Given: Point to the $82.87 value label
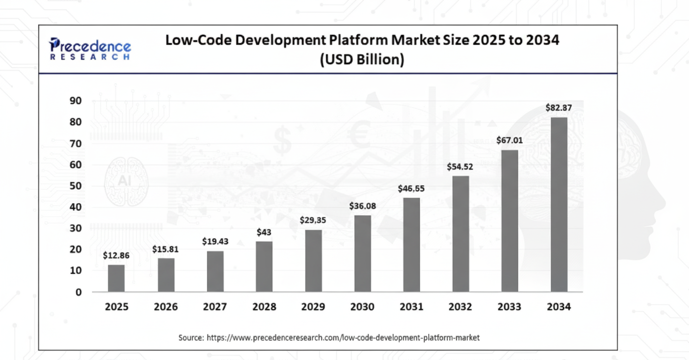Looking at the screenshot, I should (x=559, y=108).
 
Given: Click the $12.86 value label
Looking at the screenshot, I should (x=116, y=255).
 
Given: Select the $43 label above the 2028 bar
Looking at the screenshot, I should (x=264, y=232).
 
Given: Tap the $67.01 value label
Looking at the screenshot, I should (x=509, y=140).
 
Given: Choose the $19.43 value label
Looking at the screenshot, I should (x=215, y=242).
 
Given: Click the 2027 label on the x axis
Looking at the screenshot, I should (x=215, y=307).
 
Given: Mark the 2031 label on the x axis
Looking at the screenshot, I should (x=412, y=307).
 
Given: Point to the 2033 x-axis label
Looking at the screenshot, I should (x=509, y=307).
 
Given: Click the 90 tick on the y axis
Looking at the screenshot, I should (x=76, y=101).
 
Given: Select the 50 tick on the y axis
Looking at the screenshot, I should (x=76, y=186).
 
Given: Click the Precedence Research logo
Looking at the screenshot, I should (x=90, y=49).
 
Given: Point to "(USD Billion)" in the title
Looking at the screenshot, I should (x=362, y=60).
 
